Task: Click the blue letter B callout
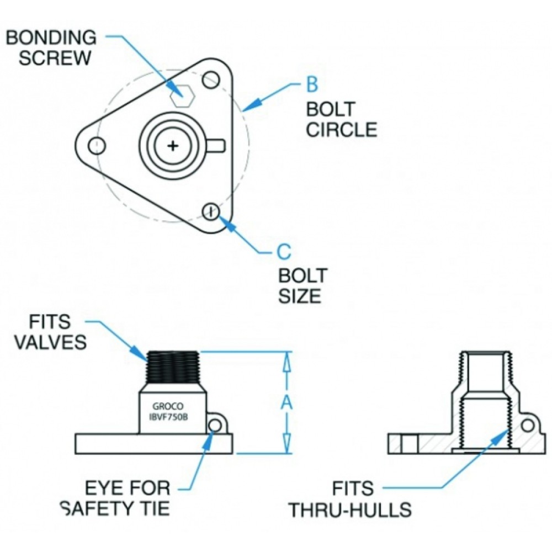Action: tap(312, 86)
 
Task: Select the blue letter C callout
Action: tap(283, 252)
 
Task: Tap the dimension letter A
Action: tap(286, 403)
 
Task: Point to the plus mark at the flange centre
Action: tap(173, 146)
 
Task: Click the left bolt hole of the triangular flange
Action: tap(98, 146)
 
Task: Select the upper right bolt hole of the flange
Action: tap(210, 81)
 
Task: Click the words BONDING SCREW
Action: tap(51, 47)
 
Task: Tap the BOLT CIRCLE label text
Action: tap(342, 119)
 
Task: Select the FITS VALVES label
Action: tap(50, 331)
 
